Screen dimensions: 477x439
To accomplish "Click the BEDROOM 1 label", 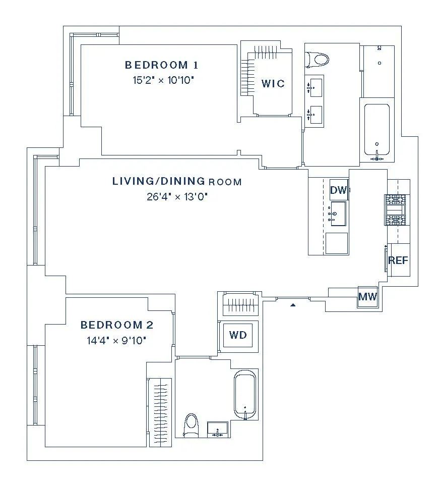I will (x=161, y=65).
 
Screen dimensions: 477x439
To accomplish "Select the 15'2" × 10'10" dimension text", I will (x=161, y=80).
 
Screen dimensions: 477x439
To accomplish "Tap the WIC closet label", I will (x=273, y=83).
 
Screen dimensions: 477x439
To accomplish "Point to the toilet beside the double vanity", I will (x=318, y=60).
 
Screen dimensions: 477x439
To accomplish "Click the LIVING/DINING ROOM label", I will (x=177, y=181).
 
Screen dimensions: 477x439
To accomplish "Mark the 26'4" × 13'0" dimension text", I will (x=177, y=196).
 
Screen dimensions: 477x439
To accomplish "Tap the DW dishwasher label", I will (x=339, y=190).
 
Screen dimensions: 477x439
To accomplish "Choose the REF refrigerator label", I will (x=398, y=260).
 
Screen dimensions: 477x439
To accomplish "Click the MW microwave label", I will (x=367, y=297).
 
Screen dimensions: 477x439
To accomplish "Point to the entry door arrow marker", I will (x=292, y=305).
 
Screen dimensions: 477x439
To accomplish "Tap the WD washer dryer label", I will (x=238, y=335).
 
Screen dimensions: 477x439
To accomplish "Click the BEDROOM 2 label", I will (x=117, y=325).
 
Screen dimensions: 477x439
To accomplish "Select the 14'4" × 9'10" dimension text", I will (x=117, y=340).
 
